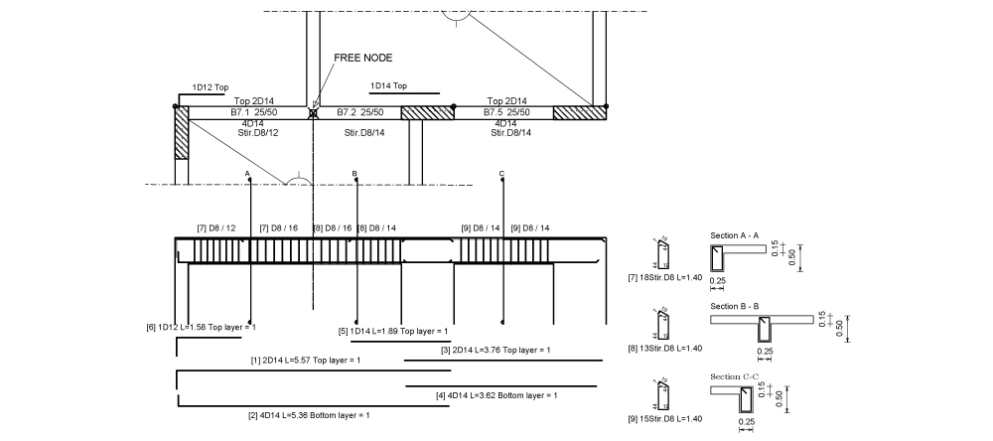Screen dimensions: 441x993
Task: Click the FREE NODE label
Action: [x=363, y=58]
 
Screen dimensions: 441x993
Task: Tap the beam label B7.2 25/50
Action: [x=359, y=112]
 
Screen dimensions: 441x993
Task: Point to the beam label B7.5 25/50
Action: [x=506, y=112]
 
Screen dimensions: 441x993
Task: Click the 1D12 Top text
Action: [x=211, y=87]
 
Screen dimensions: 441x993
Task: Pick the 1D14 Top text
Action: [x=388, y=86]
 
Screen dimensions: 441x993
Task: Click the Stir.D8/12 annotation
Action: [x=257, y=133]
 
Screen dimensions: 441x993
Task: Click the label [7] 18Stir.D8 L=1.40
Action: [x=672, y=277]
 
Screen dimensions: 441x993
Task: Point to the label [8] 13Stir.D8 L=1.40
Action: [x=672, y=348]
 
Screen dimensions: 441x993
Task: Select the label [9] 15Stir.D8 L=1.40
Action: [x=672, y=418]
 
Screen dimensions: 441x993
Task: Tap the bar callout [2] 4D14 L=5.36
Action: [x=309, y=414]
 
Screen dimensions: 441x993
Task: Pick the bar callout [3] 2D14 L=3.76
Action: [x=496, y=351]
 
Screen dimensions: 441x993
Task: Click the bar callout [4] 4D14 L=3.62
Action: [x=496, y=395]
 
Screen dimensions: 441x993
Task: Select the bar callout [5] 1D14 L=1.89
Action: [x=393, y=331]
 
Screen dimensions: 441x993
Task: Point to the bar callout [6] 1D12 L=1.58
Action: [x=201, y=327]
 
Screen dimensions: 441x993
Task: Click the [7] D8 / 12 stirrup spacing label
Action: [x=216, y=228]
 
